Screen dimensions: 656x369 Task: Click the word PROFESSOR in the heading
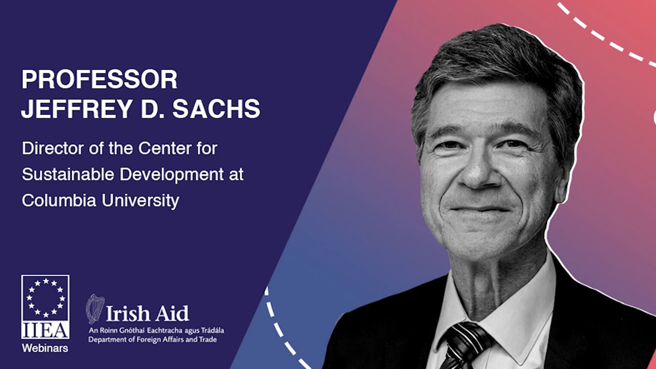99,79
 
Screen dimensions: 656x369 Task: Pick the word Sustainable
68,175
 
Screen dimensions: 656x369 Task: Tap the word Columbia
59,200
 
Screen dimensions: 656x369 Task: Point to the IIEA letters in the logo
46,330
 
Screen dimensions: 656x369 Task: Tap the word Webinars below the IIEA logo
45,348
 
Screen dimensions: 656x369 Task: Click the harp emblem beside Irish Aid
95,309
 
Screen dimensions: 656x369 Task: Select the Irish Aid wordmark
147,313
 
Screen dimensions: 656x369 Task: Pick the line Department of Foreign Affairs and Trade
153,340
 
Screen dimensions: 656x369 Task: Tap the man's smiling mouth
480,210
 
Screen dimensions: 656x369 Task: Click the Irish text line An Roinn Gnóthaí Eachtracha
156,331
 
